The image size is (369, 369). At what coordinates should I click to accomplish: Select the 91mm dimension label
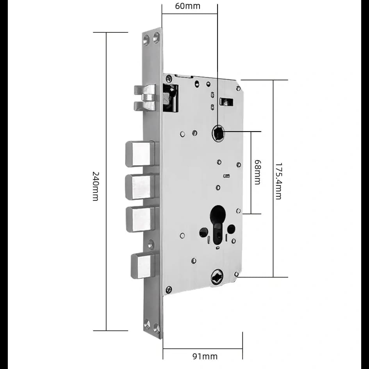click(x=205, y=356)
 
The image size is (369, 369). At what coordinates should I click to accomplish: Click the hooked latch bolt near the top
click(x=145, y=98)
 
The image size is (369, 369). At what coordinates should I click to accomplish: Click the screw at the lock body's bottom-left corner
click(x=169, y=289)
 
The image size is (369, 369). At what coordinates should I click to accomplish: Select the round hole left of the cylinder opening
click(x=203, y=233)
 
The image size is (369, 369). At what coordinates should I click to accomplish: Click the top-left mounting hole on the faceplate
click(x=146, y=39)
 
